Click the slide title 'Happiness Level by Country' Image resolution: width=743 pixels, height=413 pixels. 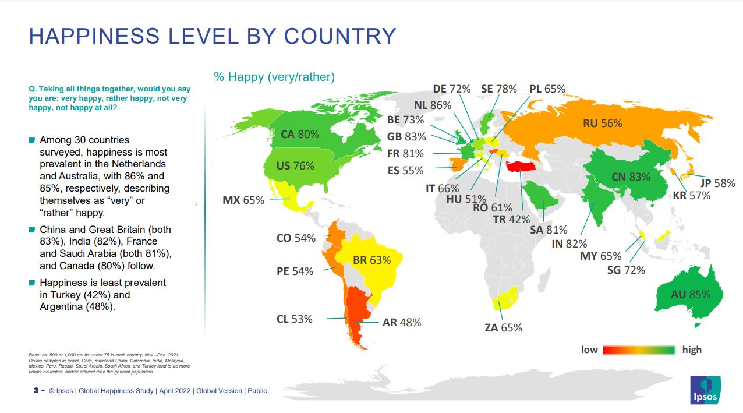(213, 36)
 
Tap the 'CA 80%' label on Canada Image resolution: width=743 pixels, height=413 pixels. (299, 135)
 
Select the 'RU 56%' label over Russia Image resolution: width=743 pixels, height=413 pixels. (602, 123)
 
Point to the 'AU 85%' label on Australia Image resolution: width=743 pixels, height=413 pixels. (691, 295)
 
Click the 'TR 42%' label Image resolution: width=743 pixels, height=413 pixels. (511, 220)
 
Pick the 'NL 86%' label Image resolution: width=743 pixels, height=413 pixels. (433, 105)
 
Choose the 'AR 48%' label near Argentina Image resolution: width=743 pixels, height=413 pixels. (401, 322)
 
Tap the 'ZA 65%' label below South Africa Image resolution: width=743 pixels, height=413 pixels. (503, 328)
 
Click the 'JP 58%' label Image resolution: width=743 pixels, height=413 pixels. (717, 183)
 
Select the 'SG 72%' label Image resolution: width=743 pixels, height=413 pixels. (626, 270)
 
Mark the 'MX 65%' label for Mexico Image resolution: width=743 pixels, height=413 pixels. (243, 200)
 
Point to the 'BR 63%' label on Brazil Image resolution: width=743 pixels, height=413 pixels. (371, 260)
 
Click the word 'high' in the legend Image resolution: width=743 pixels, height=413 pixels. (692, 350)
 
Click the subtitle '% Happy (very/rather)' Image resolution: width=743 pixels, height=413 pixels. (274, 77)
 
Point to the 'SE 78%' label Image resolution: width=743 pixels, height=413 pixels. (498, 89)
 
